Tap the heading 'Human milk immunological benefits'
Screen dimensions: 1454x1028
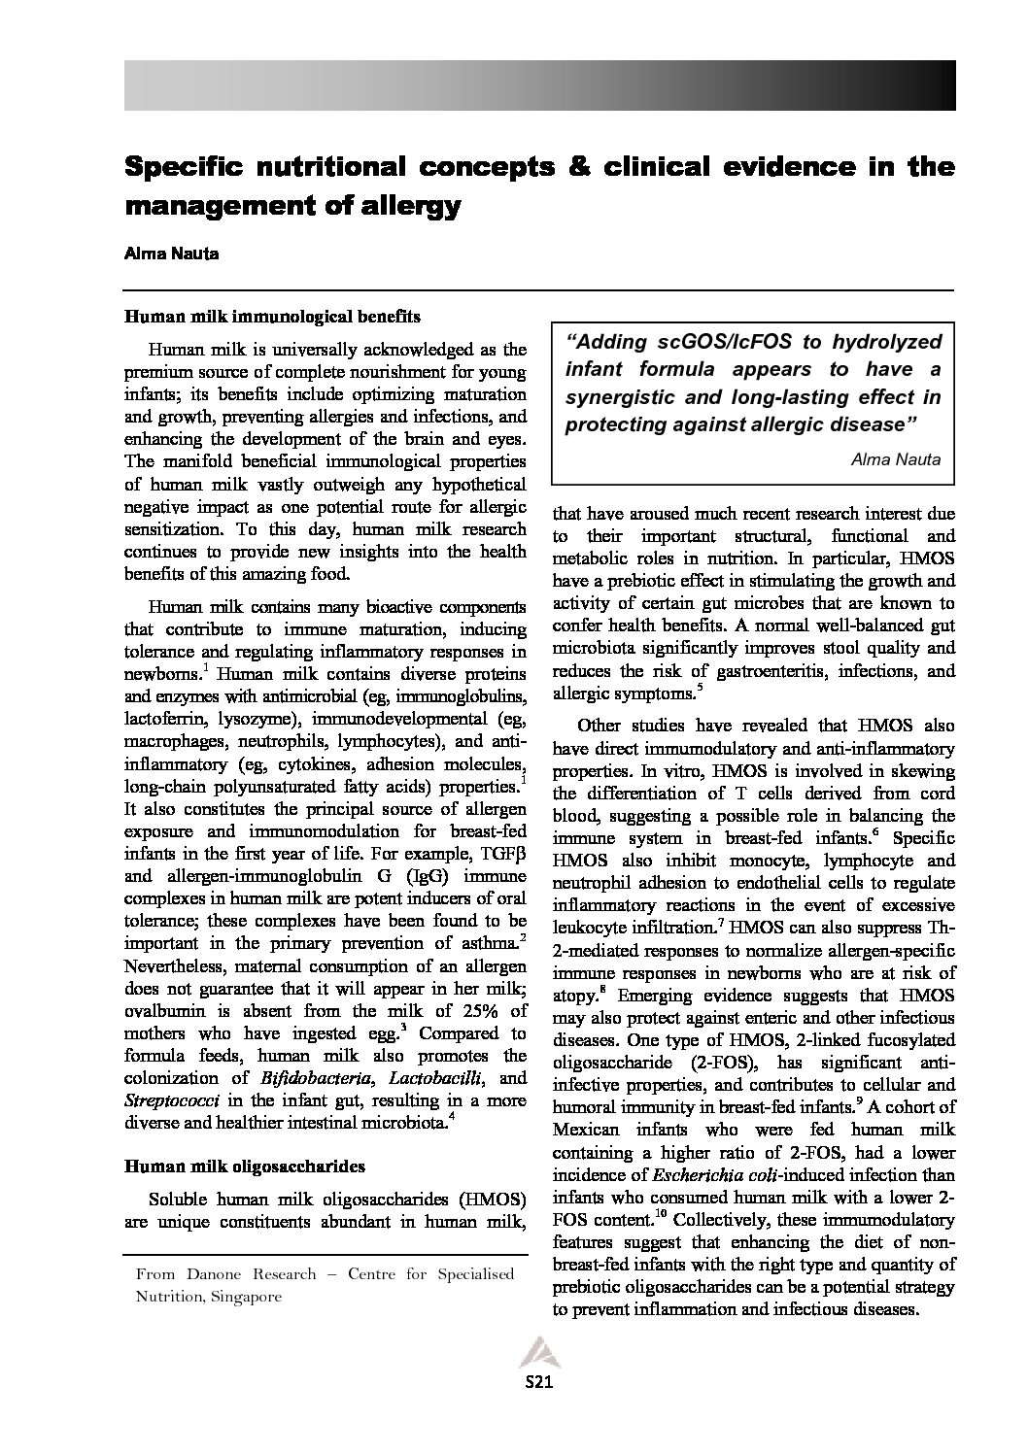[272, 317]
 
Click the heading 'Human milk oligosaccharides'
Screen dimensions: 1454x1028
[245, 1166]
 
